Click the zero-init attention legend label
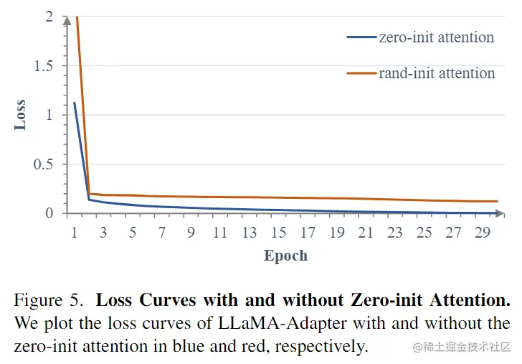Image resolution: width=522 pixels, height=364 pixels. [x=436, y=37]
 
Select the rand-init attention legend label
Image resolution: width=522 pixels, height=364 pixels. [x=437, y=73]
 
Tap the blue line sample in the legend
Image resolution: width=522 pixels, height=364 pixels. [x=362, y=37]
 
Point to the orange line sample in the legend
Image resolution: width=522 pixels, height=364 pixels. [x=362, y=73]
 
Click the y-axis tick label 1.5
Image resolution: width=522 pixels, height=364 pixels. [x=44, y=65]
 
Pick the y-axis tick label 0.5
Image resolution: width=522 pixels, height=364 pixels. [x=44, y=164]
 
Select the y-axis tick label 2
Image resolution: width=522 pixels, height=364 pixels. [x=49, y=17]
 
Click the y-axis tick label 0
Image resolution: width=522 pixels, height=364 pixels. [x=49, y=213]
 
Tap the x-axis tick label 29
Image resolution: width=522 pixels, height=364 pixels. [x=483, y=233]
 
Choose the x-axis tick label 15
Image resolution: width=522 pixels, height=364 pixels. [x=278, y=233]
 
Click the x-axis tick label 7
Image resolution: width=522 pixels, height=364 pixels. [x=163, y=233]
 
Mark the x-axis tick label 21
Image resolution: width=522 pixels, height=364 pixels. [x=366, y=233]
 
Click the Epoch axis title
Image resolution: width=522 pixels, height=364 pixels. [x=285, y=256]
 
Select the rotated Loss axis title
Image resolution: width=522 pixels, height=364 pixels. [x=20, y=115]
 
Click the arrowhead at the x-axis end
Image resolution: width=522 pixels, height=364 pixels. [x=499, y=213]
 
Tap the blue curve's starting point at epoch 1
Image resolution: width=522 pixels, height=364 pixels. [x=74, y=103]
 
